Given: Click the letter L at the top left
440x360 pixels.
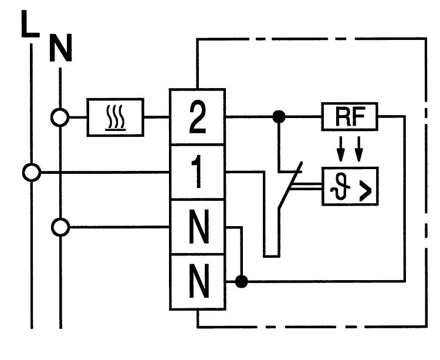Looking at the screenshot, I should pos(29,25).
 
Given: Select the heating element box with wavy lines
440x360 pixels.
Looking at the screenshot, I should pos(116,117).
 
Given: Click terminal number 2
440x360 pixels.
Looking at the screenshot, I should pos(197,117).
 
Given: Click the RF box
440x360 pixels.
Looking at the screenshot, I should pos(350,117).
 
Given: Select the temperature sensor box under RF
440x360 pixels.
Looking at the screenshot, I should pos(350,186).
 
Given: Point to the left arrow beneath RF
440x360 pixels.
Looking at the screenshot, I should pos(340,150).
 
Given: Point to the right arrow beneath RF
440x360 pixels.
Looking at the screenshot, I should pos(359,150).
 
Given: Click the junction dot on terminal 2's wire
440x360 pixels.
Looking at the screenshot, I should pos(279,117).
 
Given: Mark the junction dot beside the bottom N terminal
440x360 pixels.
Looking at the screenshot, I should pos(241,282).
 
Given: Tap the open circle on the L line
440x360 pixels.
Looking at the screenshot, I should pos(31,173).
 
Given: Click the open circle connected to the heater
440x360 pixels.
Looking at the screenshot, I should pos(60,117).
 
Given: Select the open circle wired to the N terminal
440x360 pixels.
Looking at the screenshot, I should pos(60,227).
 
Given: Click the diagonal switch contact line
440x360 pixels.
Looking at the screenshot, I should pos(290,185).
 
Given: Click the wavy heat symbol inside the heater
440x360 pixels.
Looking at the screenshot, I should pos(116,117).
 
